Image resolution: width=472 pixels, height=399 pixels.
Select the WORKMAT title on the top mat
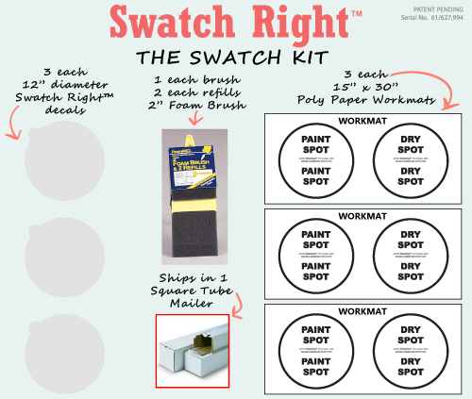pos(363,121)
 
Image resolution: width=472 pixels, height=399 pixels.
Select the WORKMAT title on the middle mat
pos(363,216)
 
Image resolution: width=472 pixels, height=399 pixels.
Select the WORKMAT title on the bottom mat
pos(363,310)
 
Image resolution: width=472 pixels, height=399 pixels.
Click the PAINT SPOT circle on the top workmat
pos(315,161)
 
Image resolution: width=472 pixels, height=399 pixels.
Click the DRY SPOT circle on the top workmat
pos(411,161)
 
